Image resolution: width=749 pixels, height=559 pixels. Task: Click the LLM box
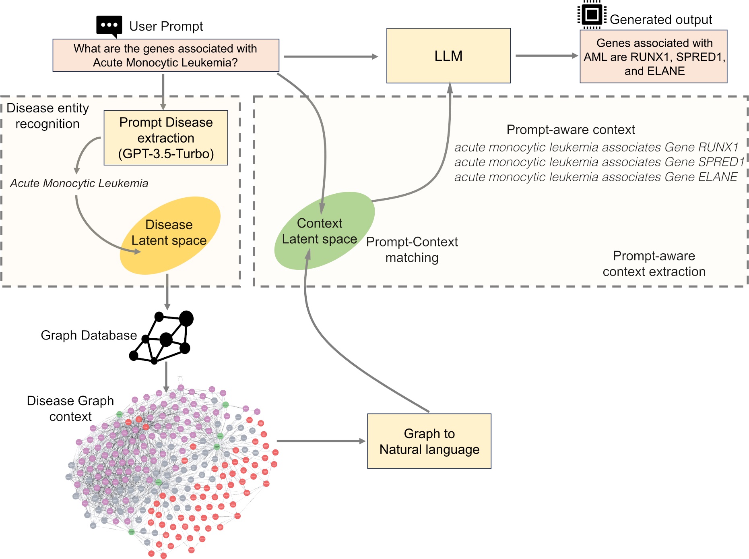448,56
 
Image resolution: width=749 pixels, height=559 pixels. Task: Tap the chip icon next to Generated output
592,15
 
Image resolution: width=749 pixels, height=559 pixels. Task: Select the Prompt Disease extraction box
166,137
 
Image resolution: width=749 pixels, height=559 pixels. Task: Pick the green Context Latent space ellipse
322,231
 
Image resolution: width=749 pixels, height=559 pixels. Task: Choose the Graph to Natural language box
429,441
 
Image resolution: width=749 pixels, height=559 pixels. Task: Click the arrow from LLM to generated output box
546,56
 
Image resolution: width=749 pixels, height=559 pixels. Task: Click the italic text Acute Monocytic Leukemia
79,183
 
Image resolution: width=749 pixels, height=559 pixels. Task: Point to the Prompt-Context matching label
412,249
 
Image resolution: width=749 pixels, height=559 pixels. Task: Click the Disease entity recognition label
47,116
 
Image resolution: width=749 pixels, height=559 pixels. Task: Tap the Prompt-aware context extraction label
654,263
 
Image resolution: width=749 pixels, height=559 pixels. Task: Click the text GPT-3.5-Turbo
166,154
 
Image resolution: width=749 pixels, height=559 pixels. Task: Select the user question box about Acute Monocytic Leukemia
166,56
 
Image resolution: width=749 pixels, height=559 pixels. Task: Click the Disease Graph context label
70,408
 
